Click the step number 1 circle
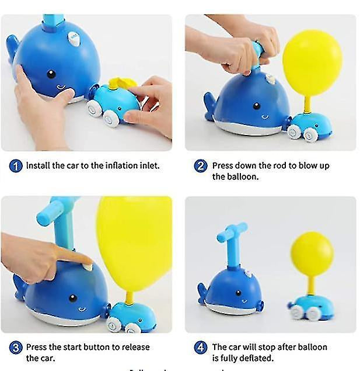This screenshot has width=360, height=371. tap(16, 166)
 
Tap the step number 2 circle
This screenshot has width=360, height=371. tap(201, 166)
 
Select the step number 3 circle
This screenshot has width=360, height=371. tap(16, 348)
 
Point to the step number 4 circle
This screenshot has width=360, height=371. tap(201, 348)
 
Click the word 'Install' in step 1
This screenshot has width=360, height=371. tap(38, 165)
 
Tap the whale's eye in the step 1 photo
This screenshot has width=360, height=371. tap(51, 74)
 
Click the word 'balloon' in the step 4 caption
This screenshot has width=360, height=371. tap(311, 347)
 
